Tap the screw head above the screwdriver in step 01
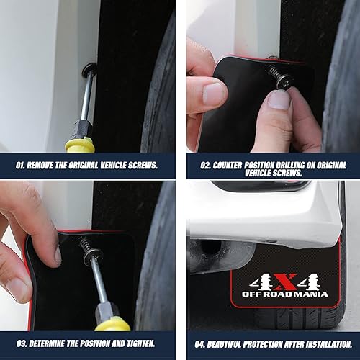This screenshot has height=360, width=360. click(89, 70)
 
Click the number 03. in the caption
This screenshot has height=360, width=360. click(22, 343)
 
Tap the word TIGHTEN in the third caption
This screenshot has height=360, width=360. click(143, 343)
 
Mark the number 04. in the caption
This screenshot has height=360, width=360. click(202, 343)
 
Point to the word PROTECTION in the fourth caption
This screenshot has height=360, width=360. click(274, 343)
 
